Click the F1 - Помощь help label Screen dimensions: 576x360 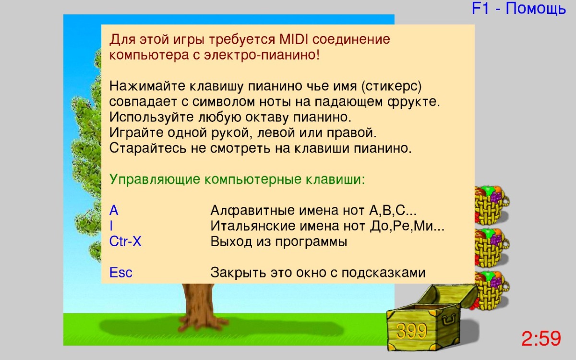[x=519, y=8]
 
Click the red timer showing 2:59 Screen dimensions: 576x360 [x=541, y=338]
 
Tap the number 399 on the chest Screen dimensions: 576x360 [x=411, y=331]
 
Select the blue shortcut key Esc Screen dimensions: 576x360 [x=120, y=272]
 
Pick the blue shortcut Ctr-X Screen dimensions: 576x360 [x=125, y=241]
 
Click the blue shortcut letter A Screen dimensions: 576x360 [x=114, y=210]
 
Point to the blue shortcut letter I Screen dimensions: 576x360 [x=111, y=226]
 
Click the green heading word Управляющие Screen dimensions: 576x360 [x=155, y=180]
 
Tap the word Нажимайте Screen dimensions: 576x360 [x=147, y=86]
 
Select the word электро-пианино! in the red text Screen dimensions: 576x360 [x=262, y=55]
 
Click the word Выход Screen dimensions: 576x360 [x=231, y=242]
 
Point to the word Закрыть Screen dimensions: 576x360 [x=239, y=273]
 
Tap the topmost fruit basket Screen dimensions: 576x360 [x=492, y=204]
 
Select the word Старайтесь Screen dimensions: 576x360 [x=147, y=148]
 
